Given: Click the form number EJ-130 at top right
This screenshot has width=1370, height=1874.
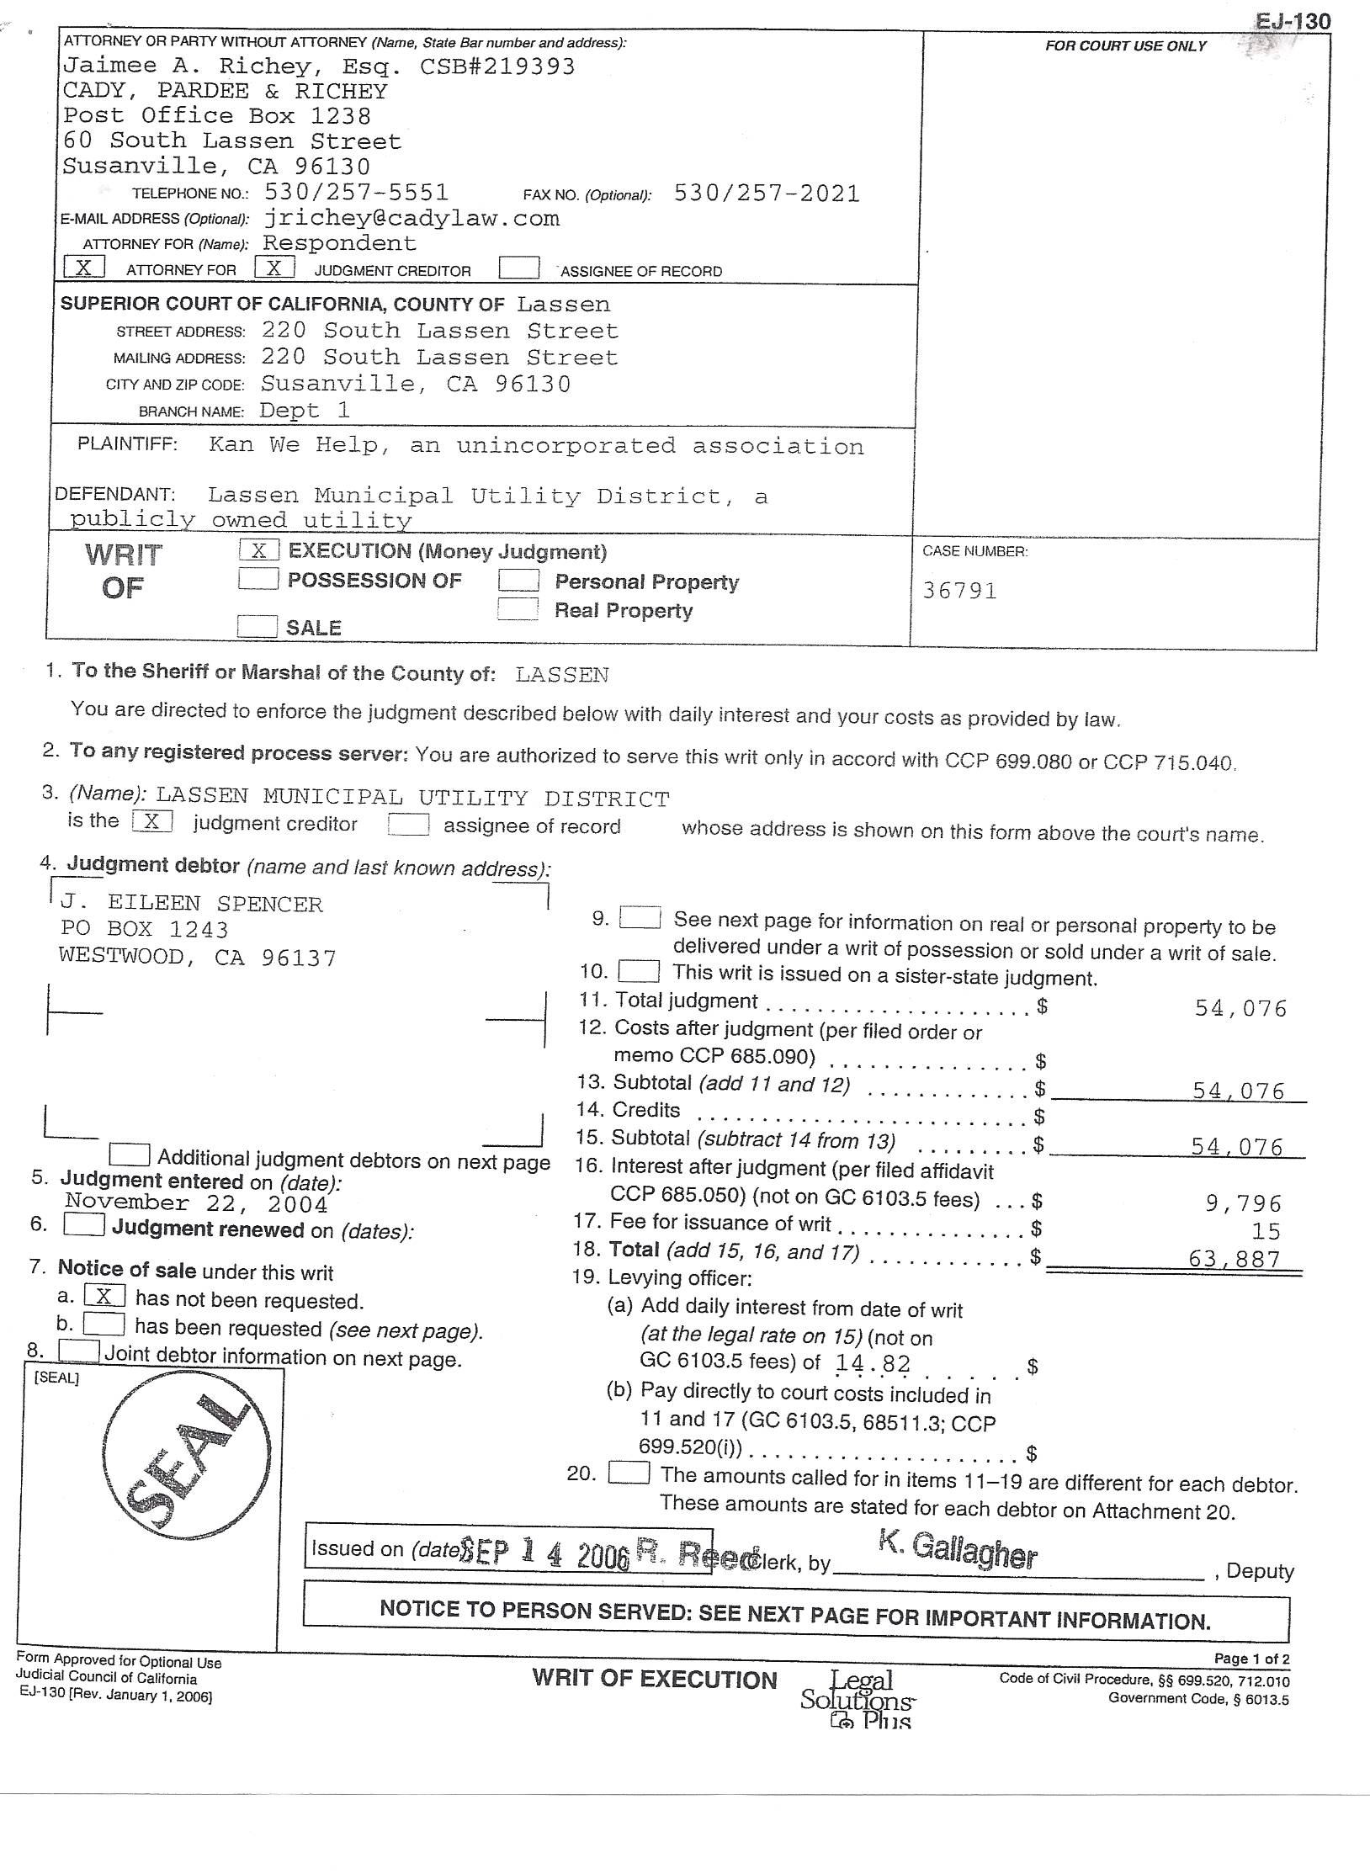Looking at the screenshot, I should [1293, 21].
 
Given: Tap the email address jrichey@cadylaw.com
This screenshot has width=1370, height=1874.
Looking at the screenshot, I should [412, 219].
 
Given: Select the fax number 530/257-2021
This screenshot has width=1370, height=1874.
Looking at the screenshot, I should [767, 194].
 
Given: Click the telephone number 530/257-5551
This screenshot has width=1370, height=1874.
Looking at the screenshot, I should [357, 193].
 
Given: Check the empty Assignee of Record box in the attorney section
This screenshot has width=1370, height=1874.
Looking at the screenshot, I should [518, 268].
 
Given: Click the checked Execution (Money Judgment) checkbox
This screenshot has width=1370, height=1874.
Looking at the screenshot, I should [258, 550].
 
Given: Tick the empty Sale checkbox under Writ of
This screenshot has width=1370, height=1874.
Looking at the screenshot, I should [257, 626].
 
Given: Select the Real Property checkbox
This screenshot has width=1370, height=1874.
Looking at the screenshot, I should [518, 608].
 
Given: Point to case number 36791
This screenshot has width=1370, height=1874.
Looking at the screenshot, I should [959, 591].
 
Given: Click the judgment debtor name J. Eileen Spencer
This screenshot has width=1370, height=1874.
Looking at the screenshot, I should [191, 904].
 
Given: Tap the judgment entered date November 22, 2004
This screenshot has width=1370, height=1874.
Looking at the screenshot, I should [196, 1203].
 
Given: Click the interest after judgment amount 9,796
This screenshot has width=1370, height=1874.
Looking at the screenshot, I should [1243, 1203].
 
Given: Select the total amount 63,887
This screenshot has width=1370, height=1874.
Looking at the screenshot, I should [1234, 1259].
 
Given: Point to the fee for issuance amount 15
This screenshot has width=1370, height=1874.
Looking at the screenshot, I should [1265, 1231].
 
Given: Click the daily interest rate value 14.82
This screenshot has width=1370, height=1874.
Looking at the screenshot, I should [873, 1363].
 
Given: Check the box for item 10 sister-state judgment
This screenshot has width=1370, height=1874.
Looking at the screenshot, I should [639, 972].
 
